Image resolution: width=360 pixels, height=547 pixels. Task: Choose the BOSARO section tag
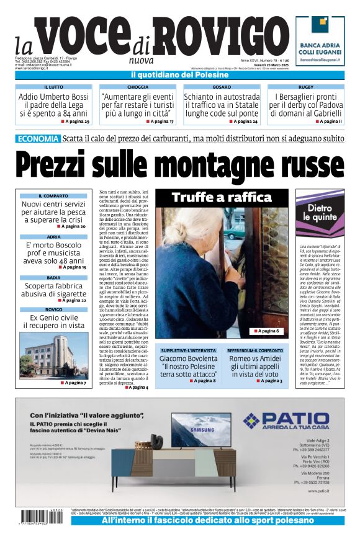coord(222,87)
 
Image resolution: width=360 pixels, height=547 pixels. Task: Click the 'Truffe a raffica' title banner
coord(222,198)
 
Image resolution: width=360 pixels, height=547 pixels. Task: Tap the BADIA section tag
coord(53,278)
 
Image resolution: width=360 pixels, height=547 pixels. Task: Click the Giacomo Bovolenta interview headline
coord(187,366)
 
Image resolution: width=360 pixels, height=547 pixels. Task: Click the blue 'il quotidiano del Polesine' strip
coord(180,75)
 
